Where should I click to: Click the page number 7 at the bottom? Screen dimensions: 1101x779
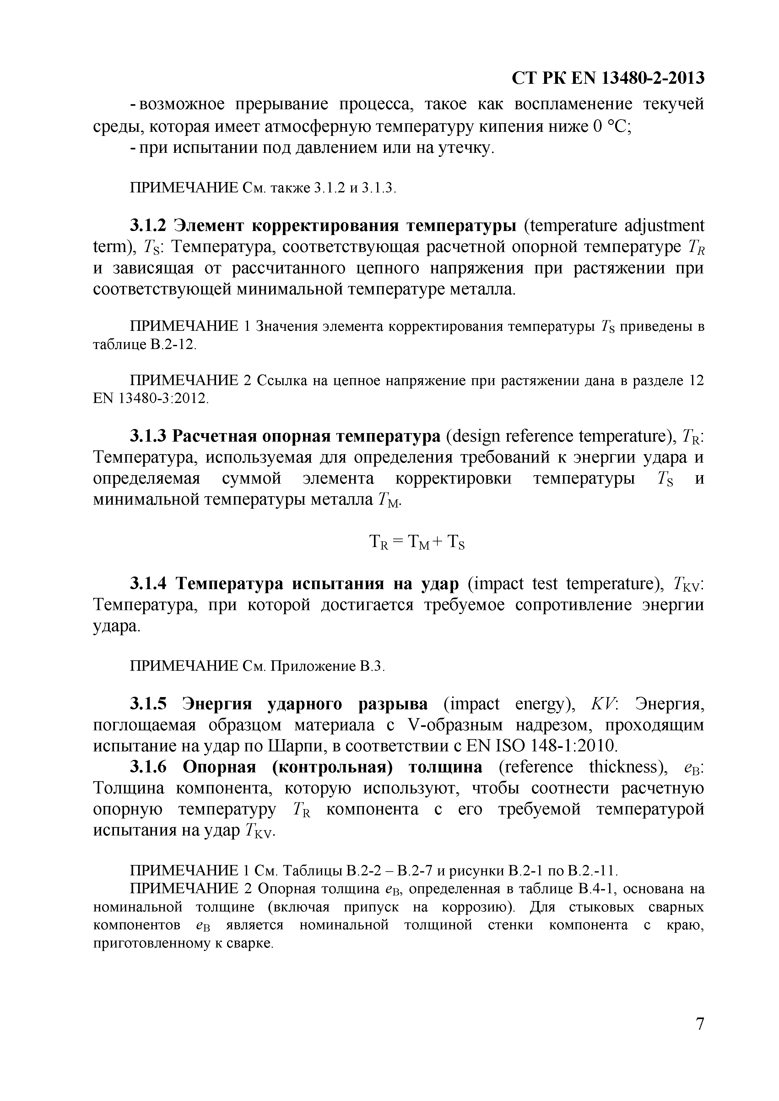(x=700, y=1037)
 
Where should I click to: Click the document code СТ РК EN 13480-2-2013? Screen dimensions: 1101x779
(x=608, y=78)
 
